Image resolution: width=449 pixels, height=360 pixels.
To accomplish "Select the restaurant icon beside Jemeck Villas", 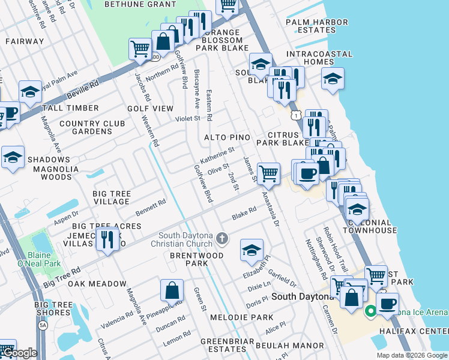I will click(107, 240).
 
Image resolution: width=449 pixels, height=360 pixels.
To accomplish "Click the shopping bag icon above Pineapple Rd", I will click(172, 290).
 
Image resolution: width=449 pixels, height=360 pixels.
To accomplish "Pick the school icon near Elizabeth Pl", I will click(252, 250).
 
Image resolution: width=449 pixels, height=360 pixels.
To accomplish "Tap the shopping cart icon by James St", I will click(268, 174).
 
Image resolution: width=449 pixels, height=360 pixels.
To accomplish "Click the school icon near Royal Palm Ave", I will click(29, 92).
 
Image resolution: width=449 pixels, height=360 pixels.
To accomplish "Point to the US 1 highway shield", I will click(295, 114).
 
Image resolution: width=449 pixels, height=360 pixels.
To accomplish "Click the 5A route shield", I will click(43, 325).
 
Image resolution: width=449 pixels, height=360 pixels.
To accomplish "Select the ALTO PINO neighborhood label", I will click(227, 137).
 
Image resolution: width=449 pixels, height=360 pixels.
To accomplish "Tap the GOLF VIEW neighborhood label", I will click(150, 109).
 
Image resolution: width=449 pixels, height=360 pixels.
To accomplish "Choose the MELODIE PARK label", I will click(249, 317).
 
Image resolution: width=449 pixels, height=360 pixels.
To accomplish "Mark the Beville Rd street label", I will click(85, 88).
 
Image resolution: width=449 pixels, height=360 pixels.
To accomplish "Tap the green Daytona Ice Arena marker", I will click(370, 310).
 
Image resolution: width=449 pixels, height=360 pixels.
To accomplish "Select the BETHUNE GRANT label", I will click(140, 4).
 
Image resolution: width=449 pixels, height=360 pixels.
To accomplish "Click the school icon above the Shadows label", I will click(13, 157).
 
